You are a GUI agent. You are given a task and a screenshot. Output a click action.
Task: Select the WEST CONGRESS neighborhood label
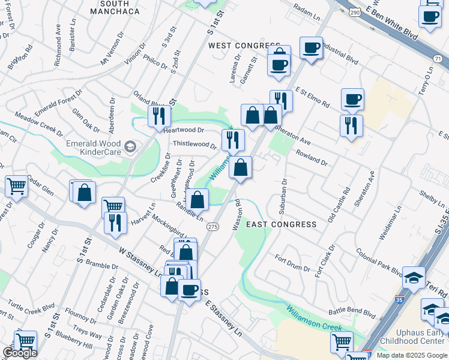(x=236, y=46)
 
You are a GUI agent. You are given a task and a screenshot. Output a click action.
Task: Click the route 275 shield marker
(x=212, y=227)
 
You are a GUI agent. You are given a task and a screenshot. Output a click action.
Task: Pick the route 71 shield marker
(x=439, y=58)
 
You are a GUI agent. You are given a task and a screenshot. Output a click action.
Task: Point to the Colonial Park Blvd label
(x=379, y=261)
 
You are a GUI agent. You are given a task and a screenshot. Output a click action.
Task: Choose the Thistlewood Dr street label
(x=194, y=145)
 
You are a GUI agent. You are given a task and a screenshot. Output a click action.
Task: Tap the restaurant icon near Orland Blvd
(x=158, y=115)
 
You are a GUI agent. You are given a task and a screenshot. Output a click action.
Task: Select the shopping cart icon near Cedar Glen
(x=16, y=185)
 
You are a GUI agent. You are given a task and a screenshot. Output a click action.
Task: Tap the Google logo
(x=20, y=353)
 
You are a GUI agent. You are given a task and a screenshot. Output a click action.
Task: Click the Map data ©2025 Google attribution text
(x=412, y=355)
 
